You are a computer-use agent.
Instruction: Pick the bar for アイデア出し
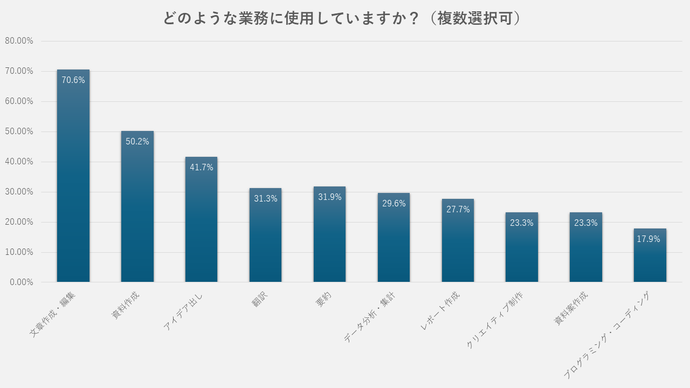click(201, 226)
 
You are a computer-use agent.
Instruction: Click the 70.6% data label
click(73, 80)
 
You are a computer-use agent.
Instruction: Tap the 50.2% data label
click(137, 141)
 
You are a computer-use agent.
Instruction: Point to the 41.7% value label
click(201, 167)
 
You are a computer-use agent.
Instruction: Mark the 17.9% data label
click(648, 239)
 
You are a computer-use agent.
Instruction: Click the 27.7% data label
click(458, 209)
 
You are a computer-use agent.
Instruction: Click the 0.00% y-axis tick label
click(21, 282)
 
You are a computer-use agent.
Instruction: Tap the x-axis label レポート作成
click(440, 311)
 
